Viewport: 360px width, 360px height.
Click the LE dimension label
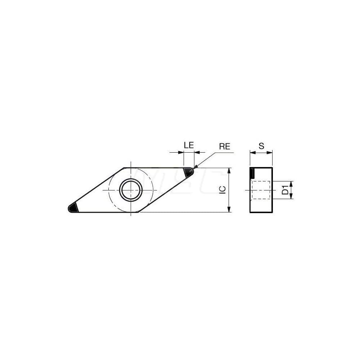[x=189, y=145]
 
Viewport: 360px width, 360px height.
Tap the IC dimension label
[x=223, y=190]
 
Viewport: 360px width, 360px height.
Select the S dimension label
[x=261, y=146]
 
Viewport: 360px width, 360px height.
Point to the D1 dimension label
[x=285, y=190]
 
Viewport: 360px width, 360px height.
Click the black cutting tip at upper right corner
[x=188, y=172]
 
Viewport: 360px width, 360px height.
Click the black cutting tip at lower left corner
[x=73, y=208]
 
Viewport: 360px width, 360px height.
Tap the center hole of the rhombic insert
[x=131, y=190]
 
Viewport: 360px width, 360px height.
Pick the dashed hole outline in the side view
[x=261, y=190]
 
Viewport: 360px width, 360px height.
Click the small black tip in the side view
[x=252, y=173]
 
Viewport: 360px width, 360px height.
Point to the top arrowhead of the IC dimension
[x=229, y=170]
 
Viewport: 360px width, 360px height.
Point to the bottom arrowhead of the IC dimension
[x=229, y=210]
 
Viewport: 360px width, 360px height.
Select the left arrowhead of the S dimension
[x=252, y=152]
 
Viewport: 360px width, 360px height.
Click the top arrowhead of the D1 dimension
[x=291, y=183]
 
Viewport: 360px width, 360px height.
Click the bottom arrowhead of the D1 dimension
[x=291, y=197]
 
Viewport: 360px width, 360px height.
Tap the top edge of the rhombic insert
[x=155, y=168]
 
